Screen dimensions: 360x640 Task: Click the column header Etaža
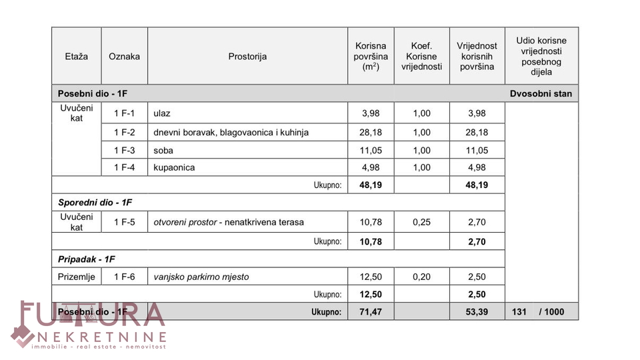pyautogui.click(x=77, y=57)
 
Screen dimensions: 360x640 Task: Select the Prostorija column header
pyautogui.click(x=247, y=57)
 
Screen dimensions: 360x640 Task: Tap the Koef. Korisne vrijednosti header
pyautogui.click(x=421, y=57)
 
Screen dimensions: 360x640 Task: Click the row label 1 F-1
pyautogui.click(x=124, y=114)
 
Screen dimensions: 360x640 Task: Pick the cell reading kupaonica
pyautogui.click(x=174, y=167)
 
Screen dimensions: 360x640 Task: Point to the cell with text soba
pyautogui.click(x=163, y=150)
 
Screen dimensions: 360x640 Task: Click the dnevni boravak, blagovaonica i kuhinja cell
pyautogui.click(x=231, y=132)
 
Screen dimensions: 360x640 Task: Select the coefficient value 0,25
pyautogui.click(x=421, y=222)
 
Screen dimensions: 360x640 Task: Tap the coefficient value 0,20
pyautogui.click(x=421, y=277)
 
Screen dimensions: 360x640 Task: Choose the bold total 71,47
pyautogui.click(x=371, y=311)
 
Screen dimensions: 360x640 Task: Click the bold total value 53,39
pyautogui.click(x=477, y=311)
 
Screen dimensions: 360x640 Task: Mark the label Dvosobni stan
pyautogui.click(x=541, y=94)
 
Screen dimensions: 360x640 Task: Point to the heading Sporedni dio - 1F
pyautogui.click(x=95, y=202)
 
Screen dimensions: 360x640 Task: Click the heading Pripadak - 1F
pyautogui.click(x=87, y=259)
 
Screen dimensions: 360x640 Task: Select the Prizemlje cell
pyautogui.click(x=77, y=277)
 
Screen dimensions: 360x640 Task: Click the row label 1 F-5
pyautogui.click(x=124, y=222)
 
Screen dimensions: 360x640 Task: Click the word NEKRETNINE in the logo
pyautogui.click(x=102, y=335)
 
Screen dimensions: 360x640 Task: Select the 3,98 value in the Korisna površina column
pyautogui.click(x=371, y=114)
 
